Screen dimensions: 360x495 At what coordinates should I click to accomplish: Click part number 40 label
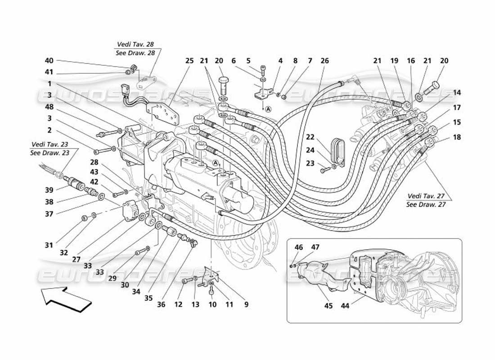pyautogui.click(x=49, y=61)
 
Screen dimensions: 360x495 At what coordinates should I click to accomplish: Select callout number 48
pyautogui.click(x=49, y=107)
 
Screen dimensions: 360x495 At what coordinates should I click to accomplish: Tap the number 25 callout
pyautogui.click(x=189, y=61)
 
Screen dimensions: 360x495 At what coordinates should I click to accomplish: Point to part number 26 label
pyautogui.click(x=324, y=61)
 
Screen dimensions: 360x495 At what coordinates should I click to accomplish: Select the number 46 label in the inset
pyautogui.click(x=299, y=247)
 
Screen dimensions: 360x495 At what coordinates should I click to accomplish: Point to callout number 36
pyautogui.click(x=161, y=305)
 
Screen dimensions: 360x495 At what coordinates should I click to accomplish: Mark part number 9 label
pyautogui.click(x=246, y=305)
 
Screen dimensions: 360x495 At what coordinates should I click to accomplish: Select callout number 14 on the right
pyautogui.click(x=457, y=93)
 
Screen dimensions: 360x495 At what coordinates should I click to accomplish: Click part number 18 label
pyautogui.click(x=457, y=137)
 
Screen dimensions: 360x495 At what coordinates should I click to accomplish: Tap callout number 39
pyautogui.click(x=49, y=190)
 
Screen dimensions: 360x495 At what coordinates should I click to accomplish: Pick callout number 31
pyautogui.click(x=49, y=245)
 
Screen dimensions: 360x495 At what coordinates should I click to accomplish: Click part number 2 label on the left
pyautogui.click(x=49, y=130)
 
